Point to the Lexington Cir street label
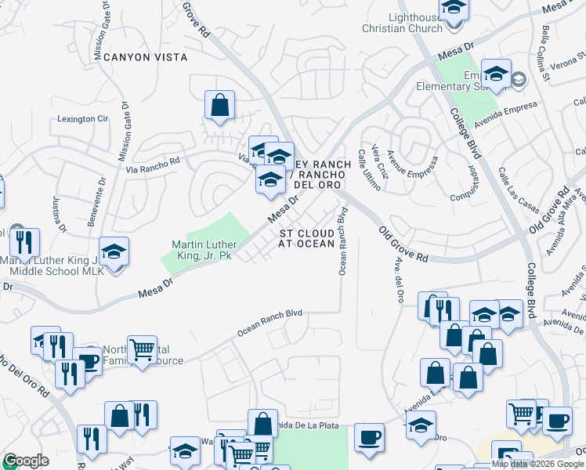(x=82, y=119)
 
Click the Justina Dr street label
(x=56, y=214)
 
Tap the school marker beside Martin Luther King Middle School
(x=114, y=252)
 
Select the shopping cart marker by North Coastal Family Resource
(x=142, y=349)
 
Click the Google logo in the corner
(x=25, y=461)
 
